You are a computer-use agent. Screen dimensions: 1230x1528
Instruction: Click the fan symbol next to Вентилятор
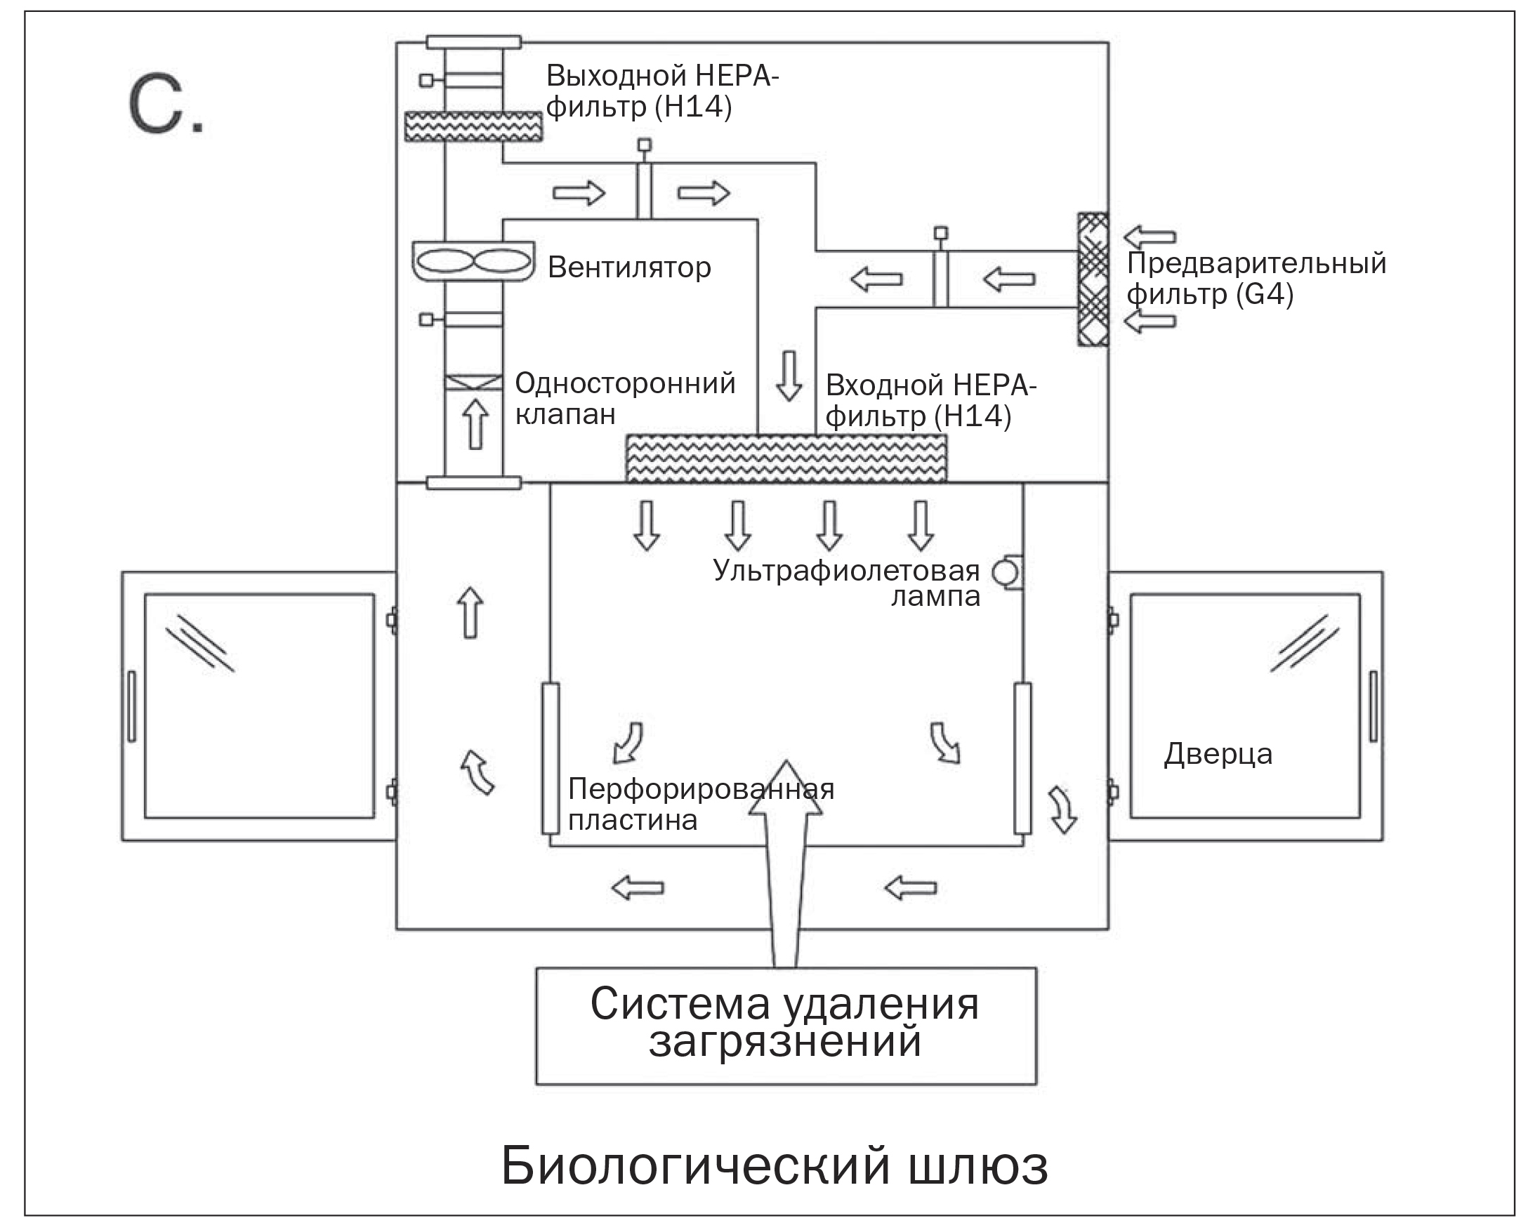tap(473, 261)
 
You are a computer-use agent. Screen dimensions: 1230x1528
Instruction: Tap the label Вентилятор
tap(628, 267)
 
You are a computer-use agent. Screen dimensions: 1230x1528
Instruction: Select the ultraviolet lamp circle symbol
tap(1004, 572)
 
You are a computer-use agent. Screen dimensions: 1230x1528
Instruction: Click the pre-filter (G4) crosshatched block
tap(1092, 279)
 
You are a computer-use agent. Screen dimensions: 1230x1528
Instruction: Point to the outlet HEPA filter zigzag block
tap(473, 126)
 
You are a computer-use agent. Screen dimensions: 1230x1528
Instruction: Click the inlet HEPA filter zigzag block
tap(785, 458)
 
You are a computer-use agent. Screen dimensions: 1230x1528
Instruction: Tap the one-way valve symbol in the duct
tap(473, 383)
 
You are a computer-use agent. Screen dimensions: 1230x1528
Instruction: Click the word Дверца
tap(1218, 754)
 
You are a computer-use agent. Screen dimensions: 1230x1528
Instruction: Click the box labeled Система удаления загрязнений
tap(785, 1024)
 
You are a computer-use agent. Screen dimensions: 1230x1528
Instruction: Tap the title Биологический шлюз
tap(774, 1165)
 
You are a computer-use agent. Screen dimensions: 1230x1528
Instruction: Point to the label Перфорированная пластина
tap(700, 804)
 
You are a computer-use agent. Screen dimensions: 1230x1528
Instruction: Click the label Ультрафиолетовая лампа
tap(847, 583)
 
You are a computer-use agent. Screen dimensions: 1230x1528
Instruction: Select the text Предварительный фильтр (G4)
tap(1255, 278)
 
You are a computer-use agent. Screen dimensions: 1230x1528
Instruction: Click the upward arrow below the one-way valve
tap(475, 423)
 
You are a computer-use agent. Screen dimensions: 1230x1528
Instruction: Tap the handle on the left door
tap(131, 706)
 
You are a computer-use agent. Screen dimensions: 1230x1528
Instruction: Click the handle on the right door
tap(1373, 706)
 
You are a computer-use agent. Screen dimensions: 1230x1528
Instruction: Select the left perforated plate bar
tap(550, 758)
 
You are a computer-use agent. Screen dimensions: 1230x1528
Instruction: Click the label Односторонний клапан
tap(624, 397)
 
